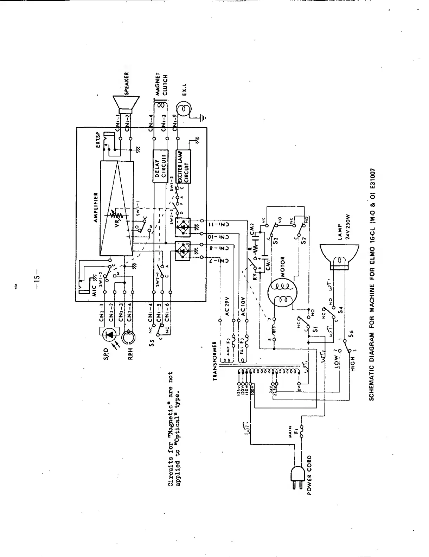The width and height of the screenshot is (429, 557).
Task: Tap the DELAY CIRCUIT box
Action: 160,166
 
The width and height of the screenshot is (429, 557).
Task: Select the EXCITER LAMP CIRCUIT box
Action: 183,166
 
